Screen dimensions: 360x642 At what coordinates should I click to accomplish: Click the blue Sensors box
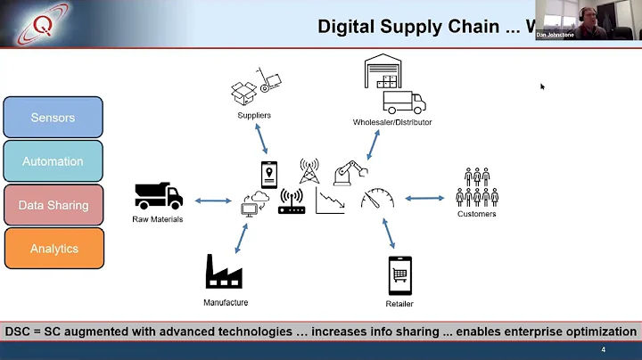[53, 118]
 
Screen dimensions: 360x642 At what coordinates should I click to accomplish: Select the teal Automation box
[53, 161]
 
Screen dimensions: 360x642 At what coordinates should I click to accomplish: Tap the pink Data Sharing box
[53, 205]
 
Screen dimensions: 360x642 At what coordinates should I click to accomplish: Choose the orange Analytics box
[53, 249]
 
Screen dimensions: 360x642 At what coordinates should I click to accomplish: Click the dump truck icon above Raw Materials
[158, 196]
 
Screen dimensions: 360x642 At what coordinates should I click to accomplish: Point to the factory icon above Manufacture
[225, 272]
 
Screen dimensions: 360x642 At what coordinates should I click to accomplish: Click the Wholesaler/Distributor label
[392, 122]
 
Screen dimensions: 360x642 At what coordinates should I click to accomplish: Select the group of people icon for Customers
[476, 186]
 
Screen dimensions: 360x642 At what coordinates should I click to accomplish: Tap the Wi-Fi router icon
[292, 202]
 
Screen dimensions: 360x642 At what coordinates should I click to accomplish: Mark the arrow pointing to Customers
[424, 198]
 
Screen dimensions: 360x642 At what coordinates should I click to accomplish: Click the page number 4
[603, 349]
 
